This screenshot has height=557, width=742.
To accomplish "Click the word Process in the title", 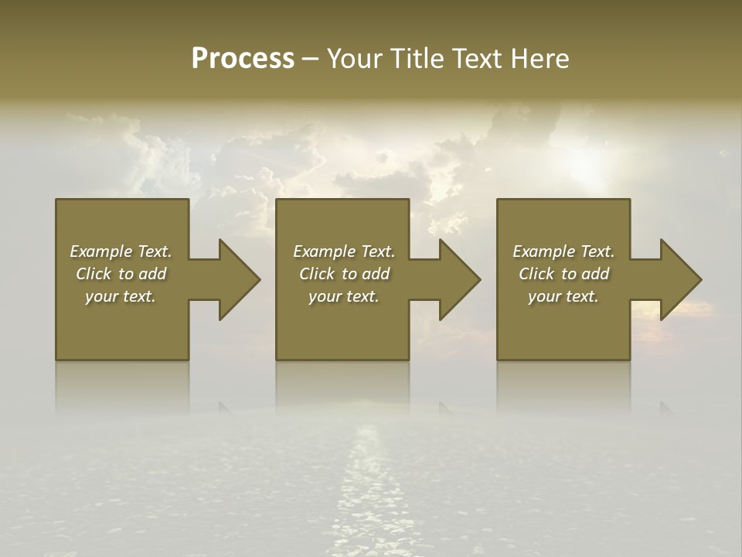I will pyautogui.click(x=243, y=59).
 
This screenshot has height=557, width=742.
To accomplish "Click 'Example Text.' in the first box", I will pyautogui.click(x=121, y=251).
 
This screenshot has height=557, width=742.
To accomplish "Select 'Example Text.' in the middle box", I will pyautogui.click(x=343, y=251).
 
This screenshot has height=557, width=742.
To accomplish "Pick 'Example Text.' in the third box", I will pyautogui.click(x=563, y=251).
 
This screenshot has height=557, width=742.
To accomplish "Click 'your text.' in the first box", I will pyautogui.click(x=121, y=296).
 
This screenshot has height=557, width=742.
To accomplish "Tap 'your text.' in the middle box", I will pyautogui.click(x=343, y=296).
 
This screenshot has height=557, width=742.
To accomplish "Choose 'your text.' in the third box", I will pyautogui.click(x=563, y=296).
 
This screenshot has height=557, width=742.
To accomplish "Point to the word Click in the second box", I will pyautogui.click(x=317, y=274).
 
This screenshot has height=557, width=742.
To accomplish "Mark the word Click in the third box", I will pyautogui.click(x=536, y=274).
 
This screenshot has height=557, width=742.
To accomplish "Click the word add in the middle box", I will pyautogui.click(x=376, y=274).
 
